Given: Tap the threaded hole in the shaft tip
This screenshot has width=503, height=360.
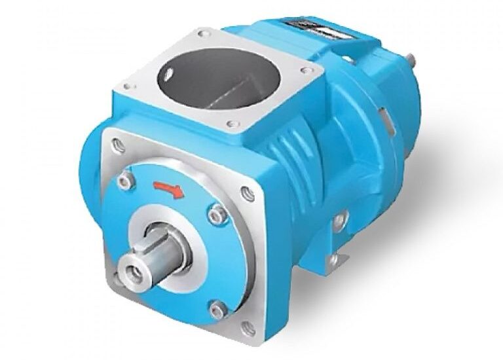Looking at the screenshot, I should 132,269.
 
